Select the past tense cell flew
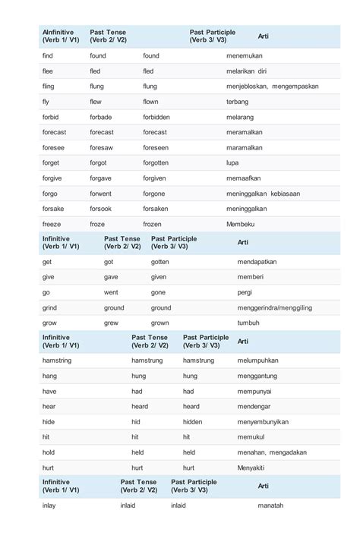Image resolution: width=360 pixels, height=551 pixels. pyautogui.click(x=96, y=101)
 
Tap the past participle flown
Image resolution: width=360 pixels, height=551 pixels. pyautogui.click(x=150, y=101)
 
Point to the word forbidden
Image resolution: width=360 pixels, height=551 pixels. pyautogui.click(x=156, y=117)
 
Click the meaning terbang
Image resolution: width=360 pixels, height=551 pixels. pyautogui.click(x=238, y=101)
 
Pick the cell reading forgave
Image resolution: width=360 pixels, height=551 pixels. pyautogui.click(x=100, y=178)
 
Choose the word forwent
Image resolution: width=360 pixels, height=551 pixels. pyautogui.click(x=101, y=194)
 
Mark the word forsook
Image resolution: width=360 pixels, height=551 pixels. pyautogui.click(x=100, y=209)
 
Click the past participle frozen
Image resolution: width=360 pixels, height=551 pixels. pyautogui.click(x=153, y=224)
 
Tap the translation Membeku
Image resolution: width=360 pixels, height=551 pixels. pyautogui.click(x=241, y=224)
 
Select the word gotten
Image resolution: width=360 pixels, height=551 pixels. pyautogui.click(x=159, y=261)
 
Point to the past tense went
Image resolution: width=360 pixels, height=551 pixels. pyautogui.click(x=111, y=292)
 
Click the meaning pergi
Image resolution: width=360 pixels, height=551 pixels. pyautogui.click(x=245, y=292)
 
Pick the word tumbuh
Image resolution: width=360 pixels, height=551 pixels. pyautogui.click(x=248, y=323)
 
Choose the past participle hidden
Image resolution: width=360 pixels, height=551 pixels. pyautogui.click(x=192, y=421)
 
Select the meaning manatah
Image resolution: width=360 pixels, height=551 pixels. pyautogui.click(x=270, y=505)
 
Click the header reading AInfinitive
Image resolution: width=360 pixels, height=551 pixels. pyautogui.click(x=59, y=33)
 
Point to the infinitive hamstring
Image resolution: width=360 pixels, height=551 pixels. pyautogui.click(x=57, y=360)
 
